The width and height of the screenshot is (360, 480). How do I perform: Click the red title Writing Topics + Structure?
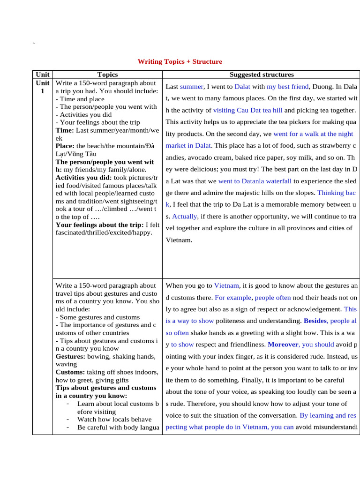pyautogui.click(x=180, y=61)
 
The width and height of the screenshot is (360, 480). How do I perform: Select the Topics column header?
pyautogui.click(x=107, y=75)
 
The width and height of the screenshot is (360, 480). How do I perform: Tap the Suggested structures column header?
pyautogui.click(x=262, y=75)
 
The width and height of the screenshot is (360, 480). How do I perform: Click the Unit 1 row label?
pyautogui.click(x=43, y=87)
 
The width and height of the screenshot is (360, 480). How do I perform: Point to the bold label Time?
pyautogui.click(x=65, y=130)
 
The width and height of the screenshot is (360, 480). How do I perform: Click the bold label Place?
pyautogui.click(x=65, y=146)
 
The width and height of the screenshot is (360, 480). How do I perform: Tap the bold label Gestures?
pyautogui.click(x=71, y=357)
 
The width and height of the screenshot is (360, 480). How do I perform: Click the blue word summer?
pyautogui.click(x=191, y=87)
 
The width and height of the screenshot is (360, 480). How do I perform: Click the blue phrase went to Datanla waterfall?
pyautogui.click(x=255, y=181)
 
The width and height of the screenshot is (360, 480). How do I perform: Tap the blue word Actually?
pyautogui.click(x=185, y=216)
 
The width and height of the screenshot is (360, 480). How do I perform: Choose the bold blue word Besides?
pyautogui.click(x=315, y=321)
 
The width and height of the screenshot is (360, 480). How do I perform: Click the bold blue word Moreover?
pyautogui.click(x=283, y=345)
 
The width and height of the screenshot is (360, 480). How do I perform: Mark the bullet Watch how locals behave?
pyautogui.click(x=114, y=419)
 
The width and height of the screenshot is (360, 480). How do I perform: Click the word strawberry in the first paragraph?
pyautogui.click(x=333, y=146)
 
